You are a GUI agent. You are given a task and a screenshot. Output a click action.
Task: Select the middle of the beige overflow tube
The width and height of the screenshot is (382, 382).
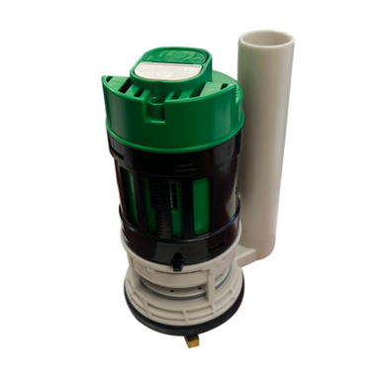coord(265,148)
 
